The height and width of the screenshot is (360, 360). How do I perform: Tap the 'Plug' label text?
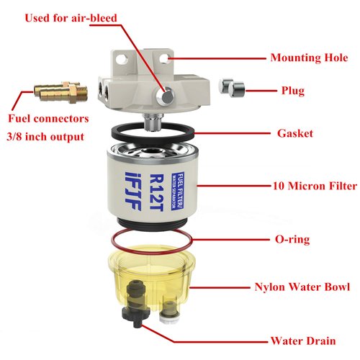(x=293, y=91)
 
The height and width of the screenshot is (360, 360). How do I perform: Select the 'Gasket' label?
(x=294, y=133)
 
